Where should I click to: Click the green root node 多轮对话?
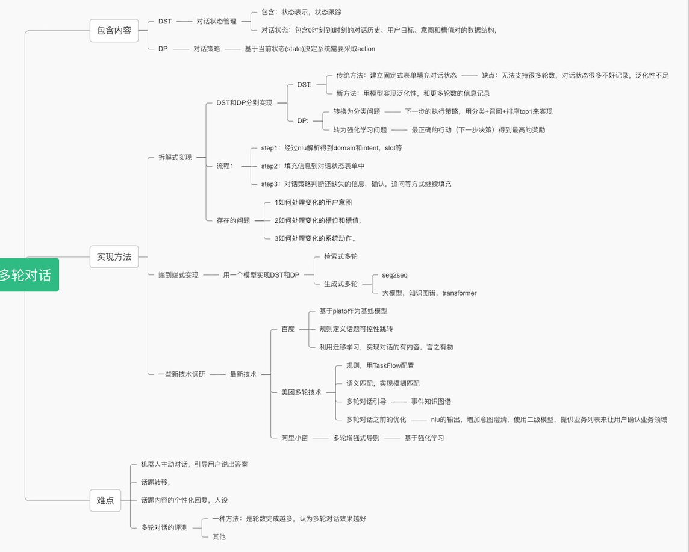pyautogui.click(x=27, y=275)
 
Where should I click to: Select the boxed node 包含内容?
pyautogui.click(x=114, y=30)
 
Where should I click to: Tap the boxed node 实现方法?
pyautogui.click(x=114, y=256)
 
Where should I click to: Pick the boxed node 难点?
pyautogui.click(x=105, y=500)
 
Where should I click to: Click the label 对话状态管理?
pyautogui.click(x=216, y=21)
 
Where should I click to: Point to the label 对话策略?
pyautogui.click(x=207, y=49)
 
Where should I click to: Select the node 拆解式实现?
pyautogui.click(x=175, y=157)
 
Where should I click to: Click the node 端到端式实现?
pyautogui.click(x=178, y=274)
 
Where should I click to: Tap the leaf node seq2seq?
pyautogui.click(x=394, y=275)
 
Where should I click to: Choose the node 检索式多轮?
pyautogui.click(x=340, y=256)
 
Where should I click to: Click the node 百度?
pyautogui.click(x=288, y=329)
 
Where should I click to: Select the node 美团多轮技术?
pyautogui.click(x=301, y=392)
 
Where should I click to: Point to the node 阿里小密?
pyautogui.click(x=295, y=438)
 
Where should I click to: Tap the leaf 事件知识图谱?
pyautogui.click(x=431, y=402)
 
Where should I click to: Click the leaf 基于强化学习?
pyautogui.click(x=424, y=438)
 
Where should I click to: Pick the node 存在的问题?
pyautogui.click(x=233, y=220)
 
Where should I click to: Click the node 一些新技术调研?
pyautogui.click(x=181, y=374)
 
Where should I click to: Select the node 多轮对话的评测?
pyautogui.click(x=164, y=527)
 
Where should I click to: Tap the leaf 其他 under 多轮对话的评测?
pyautogui.click(x=219, y=536)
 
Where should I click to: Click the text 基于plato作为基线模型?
pyautogui.click(x=354, y=311)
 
